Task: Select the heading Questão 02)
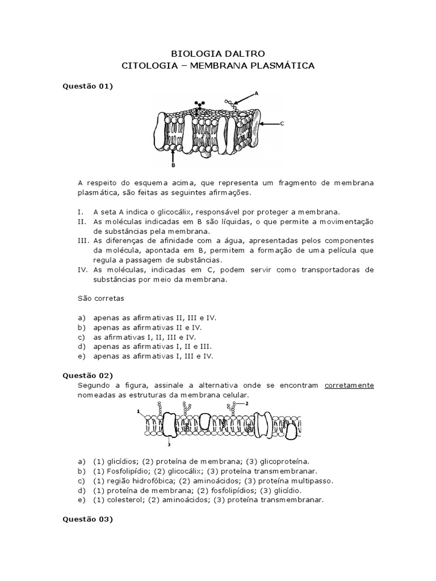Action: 87,375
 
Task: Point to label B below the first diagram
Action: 173,166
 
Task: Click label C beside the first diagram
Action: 282,123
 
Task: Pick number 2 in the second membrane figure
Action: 247,403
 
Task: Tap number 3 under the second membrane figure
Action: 168,445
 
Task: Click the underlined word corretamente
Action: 349,385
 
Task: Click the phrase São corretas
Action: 100,298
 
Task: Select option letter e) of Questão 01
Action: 81,356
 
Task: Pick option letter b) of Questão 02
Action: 81,471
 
